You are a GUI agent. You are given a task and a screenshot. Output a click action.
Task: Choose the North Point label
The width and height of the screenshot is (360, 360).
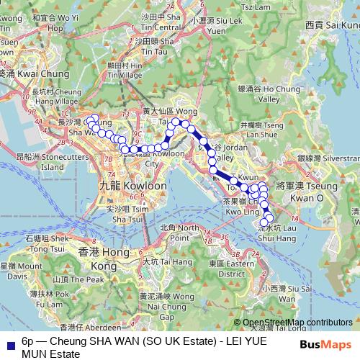(178, 233)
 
